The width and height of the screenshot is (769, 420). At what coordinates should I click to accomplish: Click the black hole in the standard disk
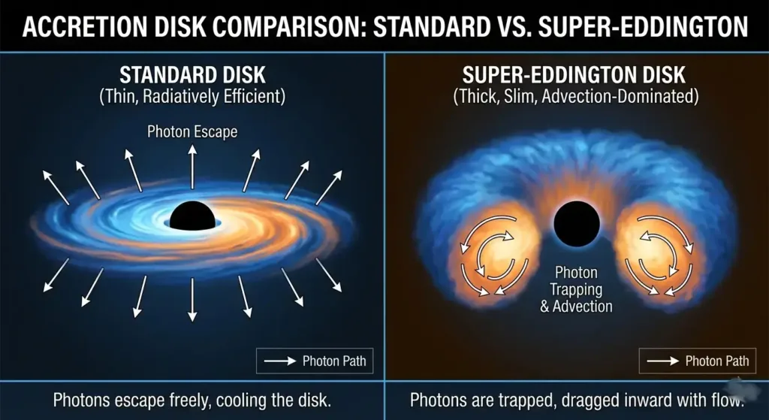(192, 216)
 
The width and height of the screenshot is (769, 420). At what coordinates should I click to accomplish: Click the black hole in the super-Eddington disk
(576, 224)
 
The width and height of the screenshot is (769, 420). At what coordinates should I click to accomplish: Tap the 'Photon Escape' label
(192, 132)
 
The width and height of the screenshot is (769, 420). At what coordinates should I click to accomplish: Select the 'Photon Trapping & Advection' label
(576, 289)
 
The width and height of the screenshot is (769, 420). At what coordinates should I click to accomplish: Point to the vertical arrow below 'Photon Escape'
(192, 166)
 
